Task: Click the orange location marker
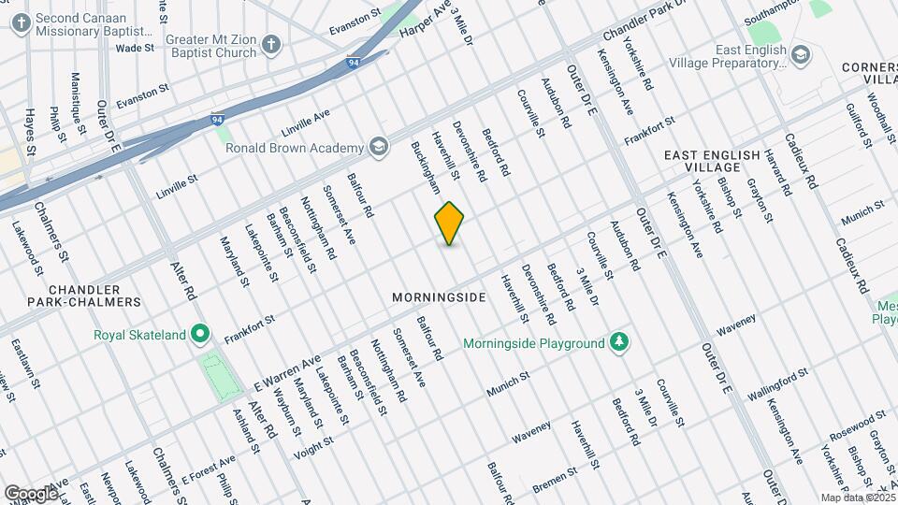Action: point(449,224)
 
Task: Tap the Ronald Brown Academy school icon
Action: point(378,148)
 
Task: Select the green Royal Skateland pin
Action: point(200,334)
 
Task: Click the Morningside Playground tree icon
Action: point(618,342)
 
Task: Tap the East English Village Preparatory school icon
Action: point(801,55)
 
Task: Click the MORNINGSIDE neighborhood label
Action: point(439,297)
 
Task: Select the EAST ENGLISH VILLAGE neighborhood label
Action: point(702,160)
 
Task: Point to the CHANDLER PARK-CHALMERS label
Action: point(70,296)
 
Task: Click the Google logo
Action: point(31,493)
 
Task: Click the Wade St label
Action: point(135,48)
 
